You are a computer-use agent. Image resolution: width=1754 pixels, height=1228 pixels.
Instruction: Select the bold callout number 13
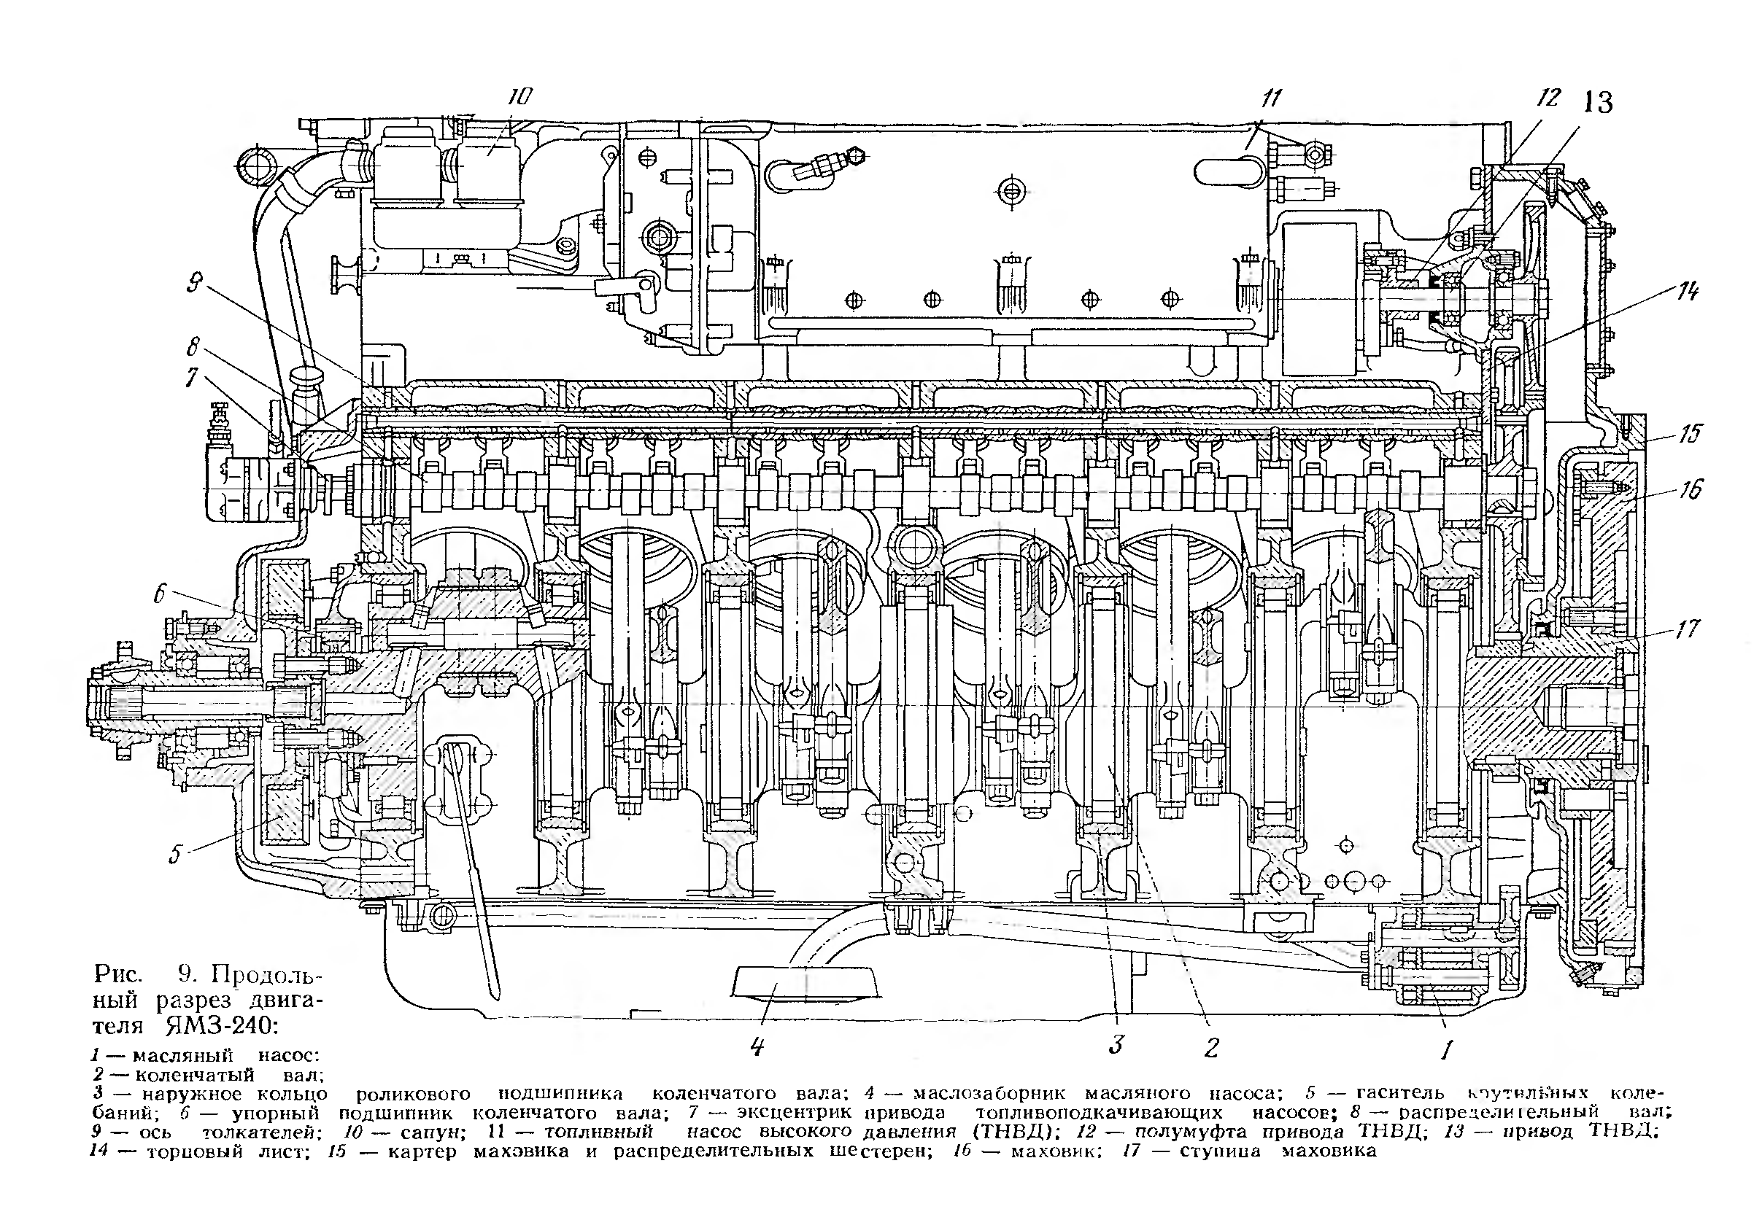(x=1596, y=102)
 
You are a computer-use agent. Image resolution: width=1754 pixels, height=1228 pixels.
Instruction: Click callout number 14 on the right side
(x=1688, y=291)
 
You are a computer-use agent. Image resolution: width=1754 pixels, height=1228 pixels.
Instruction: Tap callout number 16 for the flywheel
(x=1691, y=489)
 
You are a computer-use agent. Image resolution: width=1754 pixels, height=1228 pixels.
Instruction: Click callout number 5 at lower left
(x=175, y=854)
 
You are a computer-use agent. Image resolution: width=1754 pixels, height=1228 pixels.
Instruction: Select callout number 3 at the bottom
(x=1116, y=1044)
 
